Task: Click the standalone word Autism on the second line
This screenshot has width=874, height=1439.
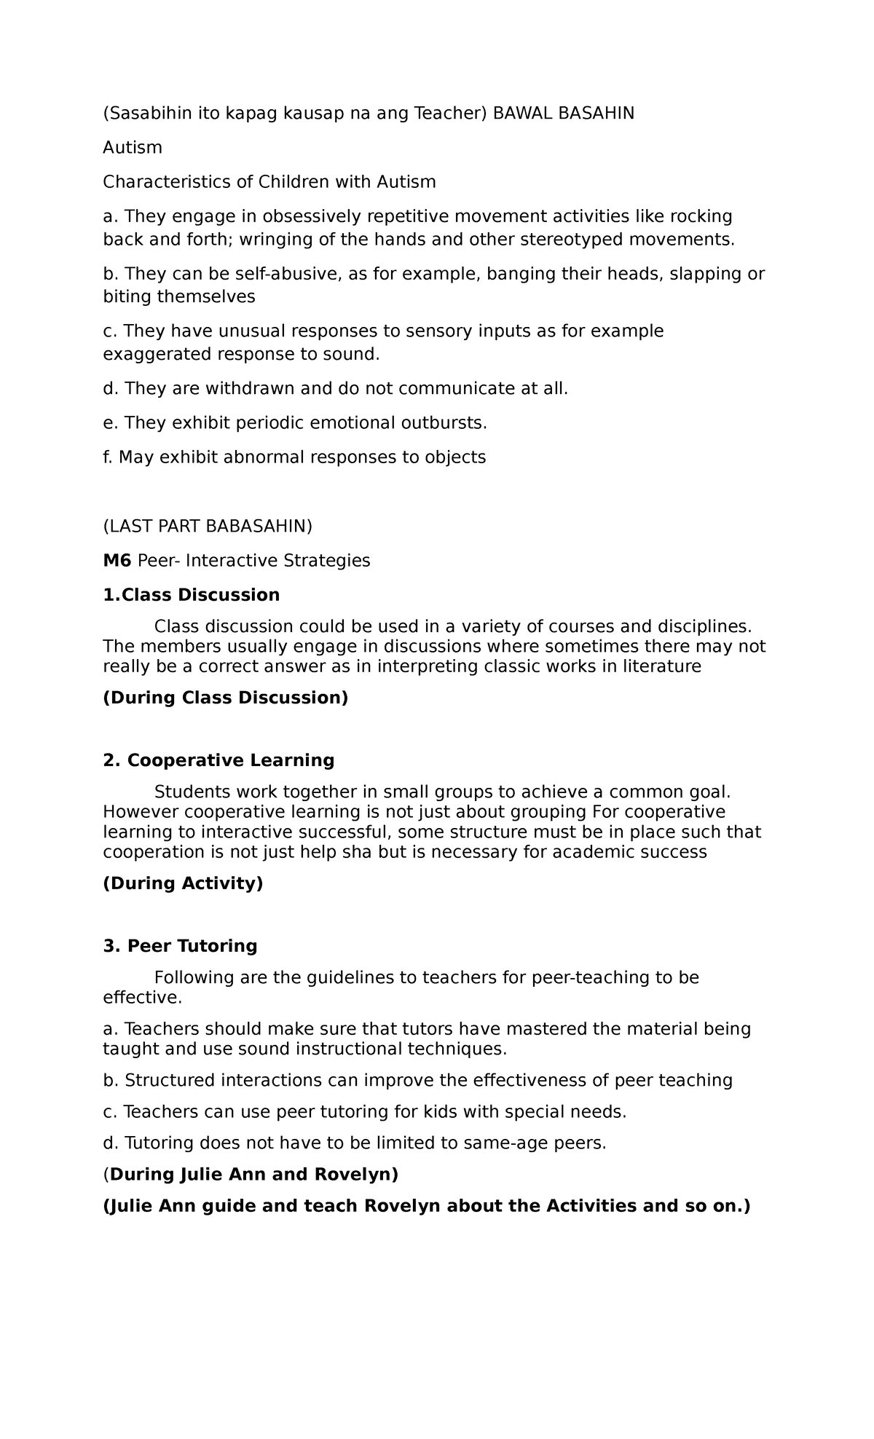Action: pos(132,148)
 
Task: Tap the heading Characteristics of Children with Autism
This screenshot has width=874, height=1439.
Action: pos(269,182)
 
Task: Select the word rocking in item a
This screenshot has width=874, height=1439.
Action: pos(701,216)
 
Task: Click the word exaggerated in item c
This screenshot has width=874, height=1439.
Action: pos(154,355)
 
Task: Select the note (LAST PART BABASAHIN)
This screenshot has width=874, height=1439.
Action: pos(207,526)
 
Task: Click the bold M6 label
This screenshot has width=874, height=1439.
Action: pos(117,561)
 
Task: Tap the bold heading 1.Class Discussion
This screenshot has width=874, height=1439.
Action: pos(191,595)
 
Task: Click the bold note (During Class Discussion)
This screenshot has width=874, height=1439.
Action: pos(225,698)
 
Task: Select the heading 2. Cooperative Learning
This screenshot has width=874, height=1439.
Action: pos(219,760)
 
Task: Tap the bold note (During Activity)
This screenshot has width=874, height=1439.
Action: pos(183,883)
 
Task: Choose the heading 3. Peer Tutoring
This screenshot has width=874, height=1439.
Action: pos(180,946)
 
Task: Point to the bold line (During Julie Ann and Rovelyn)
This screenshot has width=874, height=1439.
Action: pos(251,1175)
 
